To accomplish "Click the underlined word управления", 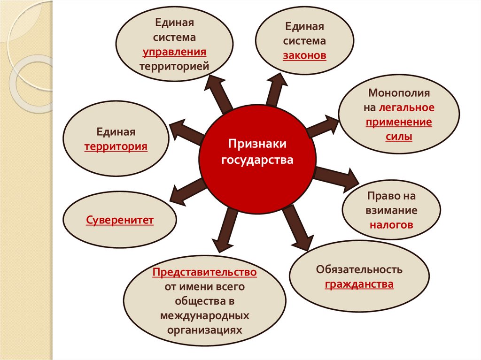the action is (x=175, y=52).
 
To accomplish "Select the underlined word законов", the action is (x=304, y=55).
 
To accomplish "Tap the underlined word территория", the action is (x=116, y=146).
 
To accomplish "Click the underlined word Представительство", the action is (x=204, y=272).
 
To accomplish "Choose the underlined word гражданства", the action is (x=359, y=284).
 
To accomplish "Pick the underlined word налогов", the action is (x=391, y=225).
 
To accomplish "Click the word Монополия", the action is (x=399, y=93).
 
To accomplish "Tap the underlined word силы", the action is (x=399, y=137).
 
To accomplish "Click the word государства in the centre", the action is (x=257, y=160).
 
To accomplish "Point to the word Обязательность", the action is (x=359, y=270).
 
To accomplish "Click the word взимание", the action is (x=391, y=210).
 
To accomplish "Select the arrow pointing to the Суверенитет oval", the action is (x=188, y=187).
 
